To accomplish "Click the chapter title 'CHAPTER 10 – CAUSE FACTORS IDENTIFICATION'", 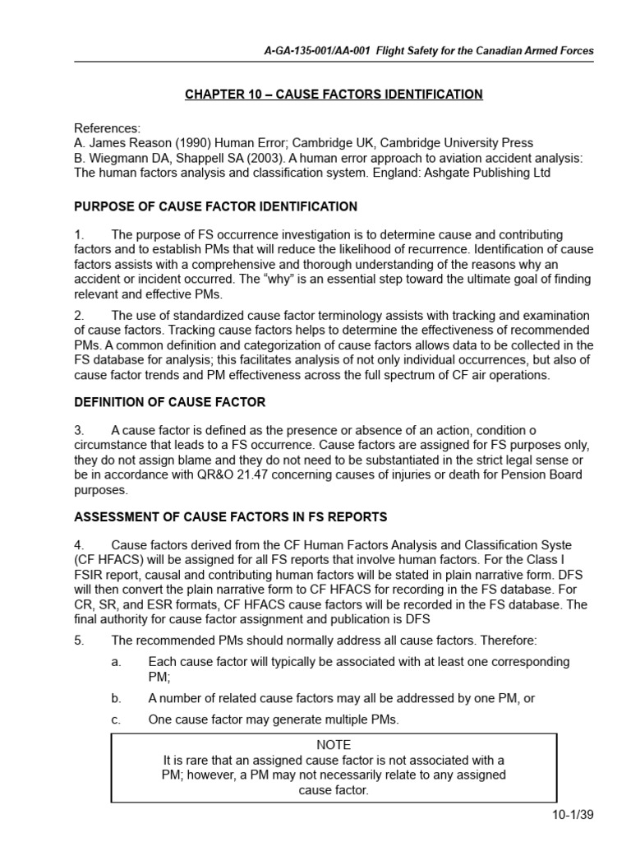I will (334, 95).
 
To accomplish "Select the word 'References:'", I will (108, 128).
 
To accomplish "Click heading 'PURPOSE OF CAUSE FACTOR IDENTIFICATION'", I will (216, 206).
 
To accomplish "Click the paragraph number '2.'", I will (80, 316).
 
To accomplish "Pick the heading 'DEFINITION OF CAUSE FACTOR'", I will (170, 402).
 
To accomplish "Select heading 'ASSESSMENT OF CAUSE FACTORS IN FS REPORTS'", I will (231, 516).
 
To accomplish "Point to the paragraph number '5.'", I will (80, 641).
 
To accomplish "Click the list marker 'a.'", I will (116, 662).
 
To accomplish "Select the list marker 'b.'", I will (116, 698).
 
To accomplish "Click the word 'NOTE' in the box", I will (334, 745).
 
